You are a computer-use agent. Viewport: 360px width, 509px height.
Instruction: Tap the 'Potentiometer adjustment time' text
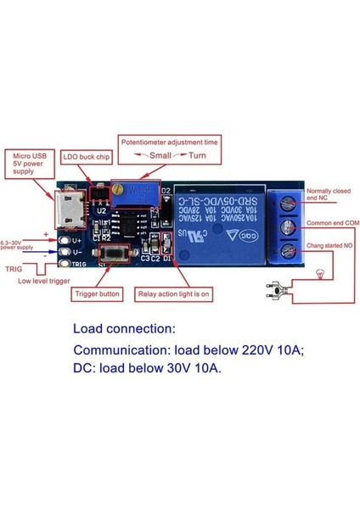click(x=168, y=143)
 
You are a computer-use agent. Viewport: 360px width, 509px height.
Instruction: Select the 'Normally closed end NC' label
click(x=329, y=195)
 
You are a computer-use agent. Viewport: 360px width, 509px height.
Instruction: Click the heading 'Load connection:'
click(x=124, y=328)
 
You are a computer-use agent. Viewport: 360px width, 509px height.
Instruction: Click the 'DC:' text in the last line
click(x=86, y=369)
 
